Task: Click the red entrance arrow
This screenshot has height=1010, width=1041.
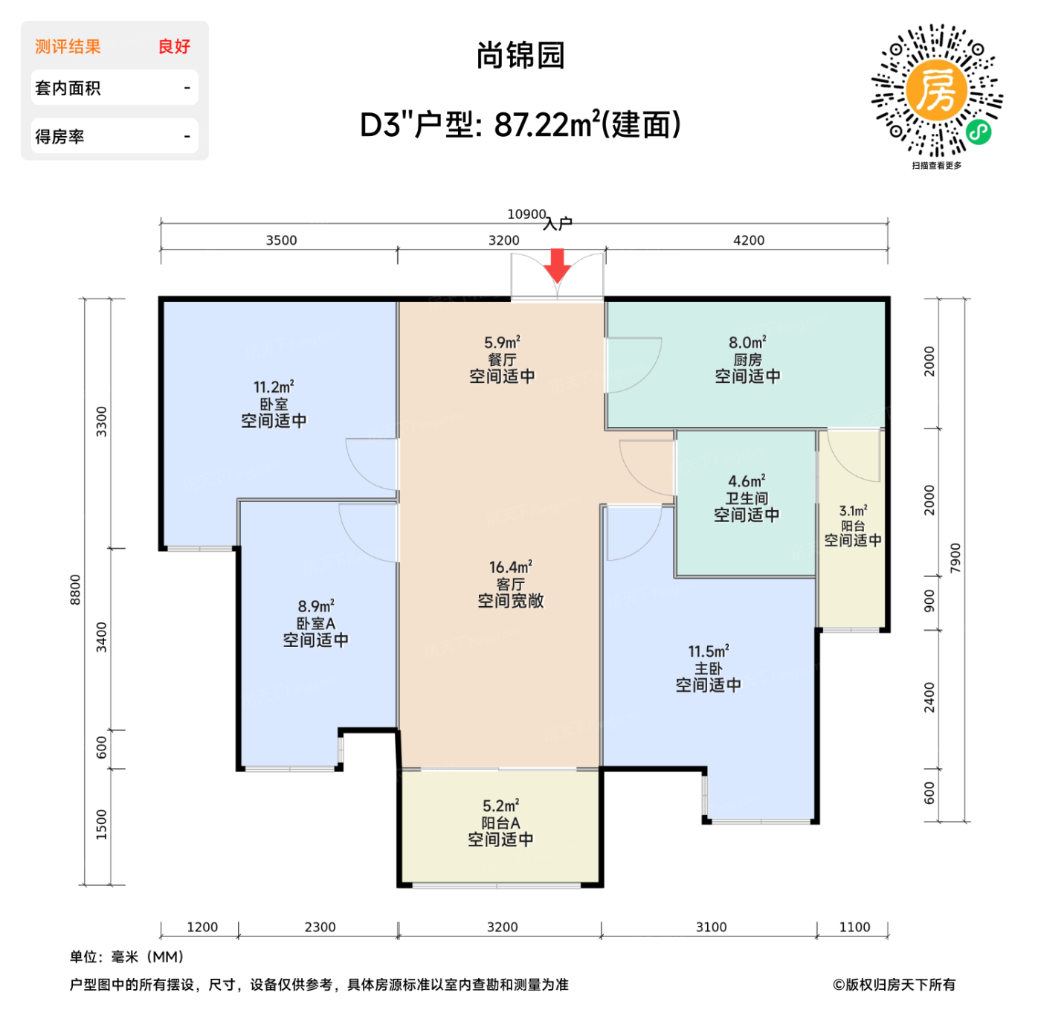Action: click(x=557, y=265)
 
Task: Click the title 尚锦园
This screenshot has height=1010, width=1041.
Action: click(x=520, y=56)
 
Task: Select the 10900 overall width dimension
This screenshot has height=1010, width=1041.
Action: click(x=526, y=214)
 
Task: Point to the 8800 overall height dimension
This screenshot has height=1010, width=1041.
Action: click(x=75, y=590)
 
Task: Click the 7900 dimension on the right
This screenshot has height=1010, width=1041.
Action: click(x=955, y=558)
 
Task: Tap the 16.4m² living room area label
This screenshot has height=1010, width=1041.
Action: click(x=510, y=567)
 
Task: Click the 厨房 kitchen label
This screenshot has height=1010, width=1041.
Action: click(x=747, y=360)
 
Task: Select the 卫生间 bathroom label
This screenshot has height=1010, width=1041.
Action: click(x=747, y=498)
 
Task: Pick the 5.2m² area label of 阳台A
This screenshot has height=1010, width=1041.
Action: click(x=500, y=806)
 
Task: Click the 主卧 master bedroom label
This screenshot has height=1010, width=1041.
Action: click(x=708, y=669)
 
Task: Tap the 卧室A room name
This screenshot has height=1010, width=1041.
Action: click(x=315, y=623)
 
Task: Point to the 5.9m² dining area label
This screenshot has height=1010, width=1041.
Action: click(x=502, y=343)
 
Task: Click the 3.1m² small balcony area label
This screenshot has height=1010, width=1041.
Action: click(x=853, y=511)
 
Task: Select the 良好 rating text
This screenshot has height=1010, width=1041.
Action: click(x=174, y=47)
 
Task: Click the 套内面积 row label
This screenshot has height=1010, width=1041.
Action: click(x=68, y=89)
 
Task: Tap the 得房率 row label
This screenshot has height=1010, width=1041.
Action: click(x=59, y=137)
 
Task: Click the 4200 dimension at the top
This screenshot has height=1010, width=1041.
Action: click(x=748, y=240)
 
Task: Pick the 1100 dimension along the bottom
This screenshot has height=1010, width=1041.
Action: click(x=854, y=927)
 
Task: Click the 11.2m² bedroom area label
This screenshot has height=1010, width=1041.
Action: click(x=274, y=387)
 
